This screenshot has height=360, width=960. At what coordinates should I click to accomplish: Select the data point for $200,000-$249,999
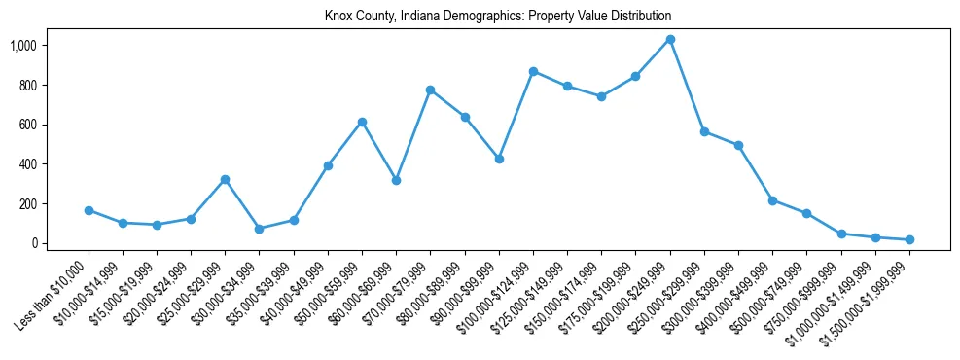pos(670,40)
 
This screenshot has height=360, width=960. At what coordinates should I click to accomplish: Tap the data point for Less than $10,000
pos(89,210)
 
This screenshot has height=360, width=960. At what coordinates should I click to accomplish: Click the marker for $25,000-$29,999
pos(226,179)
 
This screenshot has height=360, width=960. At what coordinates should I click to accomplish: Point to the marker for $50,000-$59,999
pos(362,122)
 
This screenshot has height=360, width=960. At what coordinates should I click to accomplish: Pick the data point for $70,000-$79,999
pos(430,90)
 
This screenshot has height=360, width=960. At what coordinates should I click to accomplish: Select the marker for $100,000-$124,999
pos(533,71)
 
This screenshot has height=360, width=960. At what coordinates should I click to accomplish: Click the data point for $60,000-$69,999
pos(396,180)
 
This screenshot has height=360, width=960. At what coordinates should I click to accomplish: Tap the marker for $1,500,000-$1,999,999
pos(909,239)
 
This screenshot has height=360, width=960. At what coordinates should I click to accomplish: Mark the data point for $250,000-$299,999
pos(704,131)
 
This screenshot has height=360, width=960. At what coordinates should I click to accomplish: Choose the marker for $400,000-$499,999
pos(772,200)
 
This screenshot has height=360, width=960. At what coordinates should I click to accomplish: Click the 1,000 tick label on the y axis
pos(51,46)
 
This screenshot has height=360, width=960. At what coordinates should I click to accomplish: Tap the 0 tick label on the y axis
pos(61,243)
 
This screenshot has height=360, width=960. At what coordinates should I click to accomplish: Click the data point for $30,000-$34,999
pos(260,229)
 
